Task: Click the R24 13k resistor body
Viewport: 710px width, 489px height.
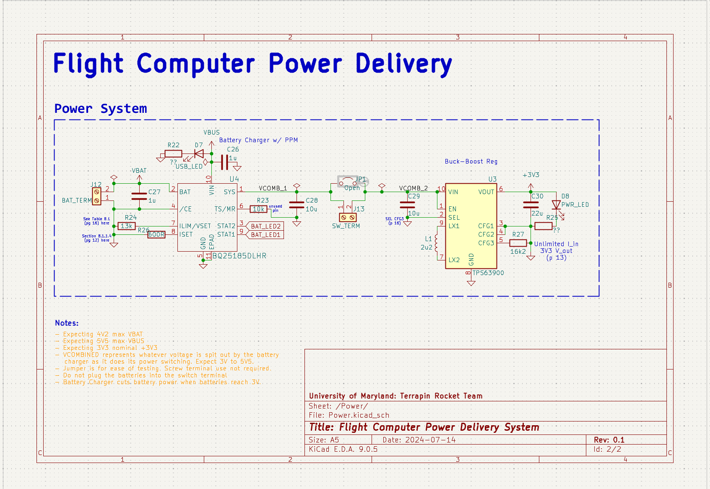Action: pos(126,226)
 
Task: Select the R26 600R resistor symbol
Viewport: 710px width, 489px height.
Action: pos(156,234)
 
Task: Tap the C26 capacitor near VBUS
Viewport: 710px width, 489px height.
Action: pos(224,162)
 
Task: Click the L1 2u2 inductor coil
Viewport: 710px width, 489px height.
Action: pos(436,243)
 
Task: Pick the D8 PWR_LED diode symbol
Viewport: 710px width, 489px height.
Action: pos(556,205)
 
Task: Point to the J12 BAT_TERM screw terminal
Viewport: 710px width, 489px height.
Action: pos(97,196)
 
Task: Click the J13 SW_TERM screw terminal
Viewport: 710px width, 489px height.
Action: pos(348,217)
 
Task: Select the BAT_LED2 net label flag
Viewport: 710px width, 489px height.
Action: pos(265,226)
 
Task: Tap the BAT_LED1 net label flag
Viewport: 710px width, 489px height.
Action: pos(265,235)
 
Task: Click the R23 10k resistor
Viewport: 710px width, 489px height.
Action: pos(258,209)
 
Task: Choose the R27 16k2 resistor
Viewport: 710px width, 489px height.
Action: pos(518,243)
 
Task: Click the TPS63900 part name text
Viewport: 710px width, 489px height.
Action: pos(488,273)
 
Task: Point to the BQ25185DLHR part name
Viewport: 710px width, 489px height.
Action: pos(239,256)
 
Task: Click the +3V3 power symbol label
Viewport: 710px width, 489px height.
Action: pos(531,175)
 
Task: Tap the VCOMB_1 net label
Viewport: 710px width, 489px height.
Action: pos(273,188)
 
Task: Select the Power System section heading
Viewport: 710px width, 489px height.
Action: pos(101,109)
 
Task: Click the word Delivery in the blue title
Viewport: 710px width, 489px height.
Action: pos(403,64)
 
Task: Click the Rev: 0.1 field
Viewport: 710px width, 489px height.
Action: pos(609,440)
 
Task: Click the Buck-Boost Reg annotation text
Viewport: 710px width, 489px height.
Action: pos(471,161)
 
